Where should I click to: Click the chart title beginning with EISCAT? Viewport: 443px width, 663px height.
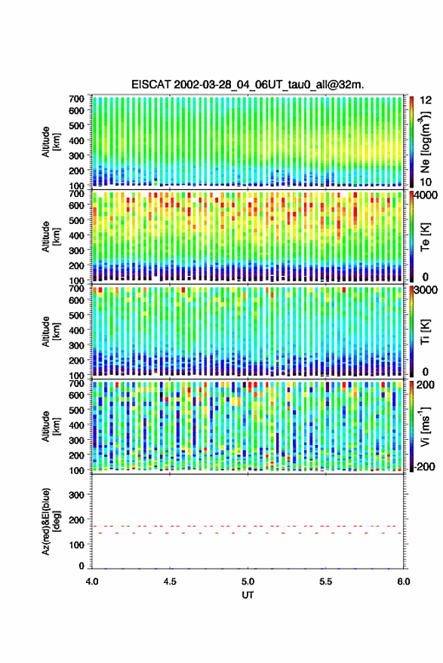tap(248, 84)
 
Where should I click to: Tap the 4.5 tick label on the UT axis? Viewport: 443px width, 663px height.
tap(170, 582)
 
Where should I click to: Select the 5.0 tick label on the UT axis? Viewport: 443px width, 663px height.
tap(248, 582)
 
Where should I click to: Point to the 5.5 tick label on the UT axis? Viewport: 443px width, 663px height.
tap(326, 582)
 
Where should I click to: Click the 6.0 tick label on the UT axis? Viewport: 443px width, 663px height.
tap(403, 582)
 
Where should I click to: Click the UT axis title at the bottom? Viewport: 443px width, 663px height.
tap(248, 595)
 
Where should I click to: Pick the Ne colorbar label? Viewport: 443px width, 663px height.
tap(425, 142)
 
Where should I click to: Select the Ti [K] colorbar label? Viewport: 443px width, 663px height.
tap(425, 332)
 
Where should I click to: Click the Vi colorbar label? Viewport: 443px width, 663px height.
tap(425, 427)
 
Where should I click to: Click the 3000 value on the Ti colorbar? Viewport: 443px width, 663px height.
tap(426, 290)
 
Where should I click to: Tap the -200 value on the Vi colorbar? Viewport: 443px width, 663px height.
tap(424, 467)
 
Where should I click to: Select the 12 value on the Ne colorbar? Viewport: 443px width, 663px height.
tap(426, 100)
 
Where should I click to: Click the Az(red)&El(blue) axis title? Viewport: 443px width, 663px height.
tap(51, 522)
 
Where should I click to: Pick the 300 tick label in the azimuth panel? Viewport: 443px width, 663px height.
tap(76, 495)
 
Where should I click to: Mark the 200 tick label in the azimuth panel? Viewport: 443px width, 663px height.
tap(76, 520)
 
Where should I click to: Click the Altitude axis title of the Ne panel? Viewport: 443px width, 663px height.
tap(51, 142)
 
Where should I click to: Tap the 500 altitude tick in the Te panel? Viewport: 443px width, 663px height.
tap(76, 220)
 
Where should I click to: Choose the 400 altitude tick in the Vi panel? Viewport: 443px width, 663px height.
tap(76, 425)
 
